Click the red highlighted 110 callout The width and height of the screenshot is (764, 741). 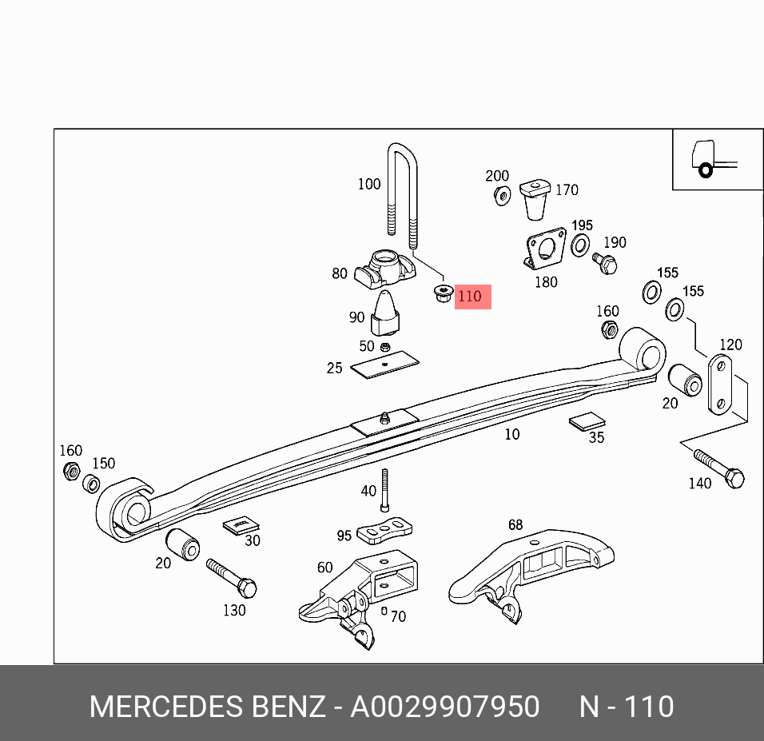click(x=472, y=297)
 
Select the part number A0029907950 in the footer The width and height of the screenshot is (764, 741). click(x=445, y=707)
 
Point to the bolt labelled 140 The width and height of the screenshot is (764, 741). click(x=719, y=469)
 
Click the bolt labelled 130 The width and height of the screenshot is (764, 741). click(x=231, y=578)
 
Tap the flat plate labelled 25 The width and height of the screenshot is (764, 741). click(x=385, y=365)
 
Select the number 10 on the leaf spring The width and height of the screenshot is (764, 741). click(x=511, y=434)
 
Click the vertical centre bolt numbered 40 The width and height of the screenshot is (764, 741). click(x=384, y=490)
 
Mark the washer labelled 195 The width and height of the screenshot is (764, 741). click(x=581, y=245)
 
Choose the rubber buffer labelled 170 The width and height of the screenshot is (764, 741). click(x=535, y=200)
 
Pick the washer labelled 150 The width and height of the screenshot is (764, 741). click(x=92, y=484)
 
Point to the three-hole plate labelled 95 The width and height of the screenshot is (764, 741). click(x=385, y=529)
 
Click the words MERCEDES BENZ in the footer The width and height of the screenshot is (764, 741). click(x=207, y=707)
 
